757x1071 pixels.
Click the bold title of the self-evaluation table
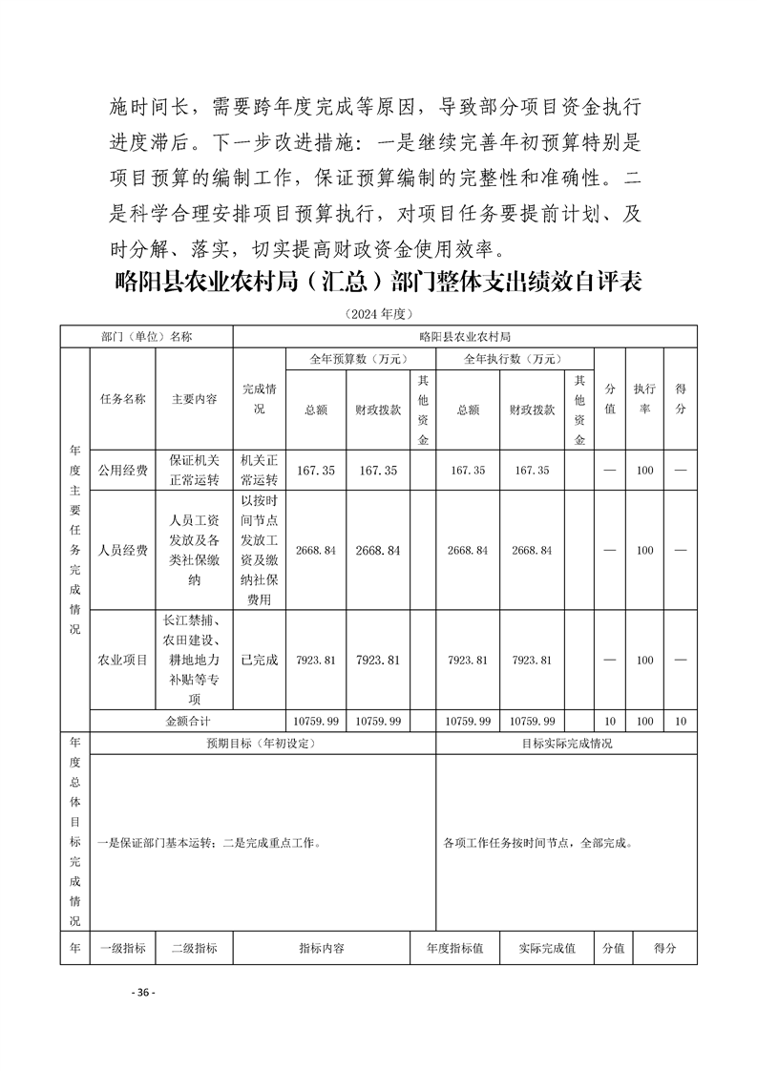(x=377, y=283)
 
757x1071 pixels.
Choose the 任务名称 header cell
(x=122, y=399)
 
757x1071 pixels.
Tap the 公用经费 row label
(x=122, y=471)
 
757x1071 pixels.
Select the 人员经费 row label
(x=122, y=551)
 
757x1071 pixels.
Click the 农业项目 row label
(x=122, y=660)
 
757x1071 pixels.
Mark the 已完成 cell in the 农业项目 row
(x=259, y=660)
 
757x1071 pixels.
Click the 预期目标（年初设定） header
(x=261, y=744)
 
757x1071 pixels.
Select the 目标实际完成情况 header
(x=566, y=744)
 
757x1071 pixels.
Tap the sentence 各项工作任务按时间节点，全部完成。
(x=537, y=844)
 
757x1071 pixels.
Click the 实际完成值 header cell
(x=546, y=949)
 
